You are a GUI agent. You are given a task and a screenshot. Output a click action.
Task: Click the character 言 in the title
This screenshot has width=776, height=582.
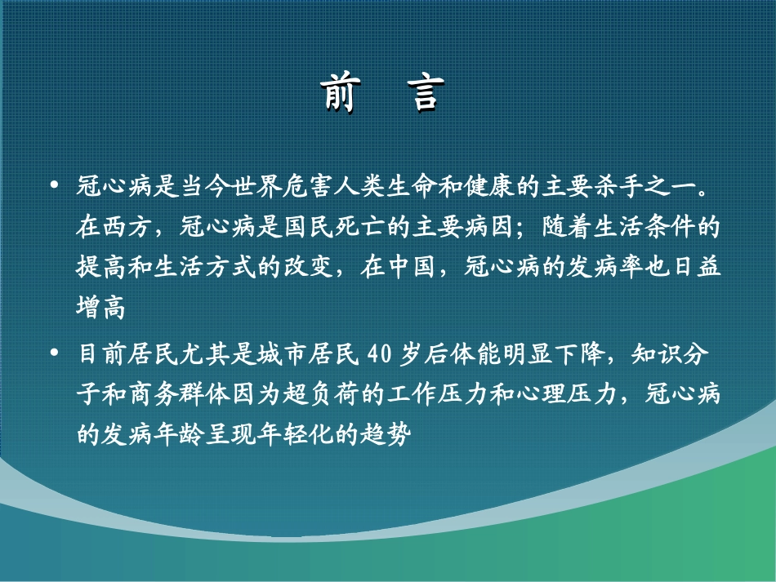pos(427,94)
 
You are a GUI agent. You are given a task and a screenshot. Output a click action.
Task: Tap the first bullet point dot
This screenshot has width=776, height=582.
pos(55,186)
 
